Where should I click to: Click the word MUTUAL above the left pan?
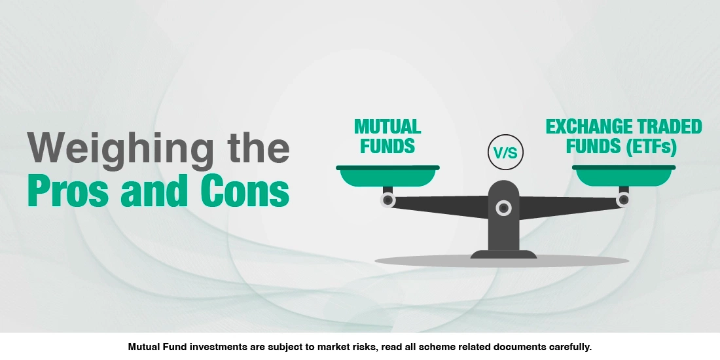(x=387, y=126)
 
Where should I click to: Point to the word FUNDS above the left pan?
(x=387, y=145)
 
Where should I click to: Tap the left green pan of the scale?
(x=387, y=177)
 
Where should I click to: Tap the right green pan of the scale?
(x=624, y=177)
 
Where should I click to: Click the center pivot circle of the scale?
(x=503, y=208)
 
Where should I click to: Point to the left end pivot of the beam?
(x=388, y=200)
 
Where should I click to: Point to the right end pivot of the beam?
(x=622, y=200)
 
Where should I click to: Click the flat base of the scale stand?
(x=503, y=254)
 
